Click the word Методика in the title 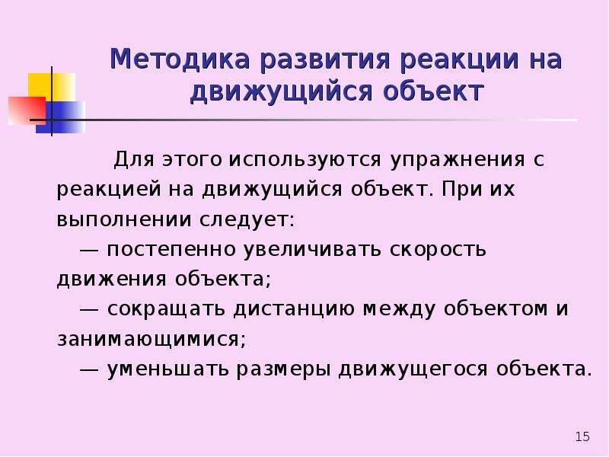pyautogui.click(x=180, y=59)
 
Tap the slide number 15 pyautogui.click(x=582, y=436)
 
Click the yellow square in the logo pyautogui.click(x=51, y=86)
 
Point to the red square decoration pyautogui.click(x=27, y=110)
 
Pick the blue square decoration pyautogui.click(x=61, y=117)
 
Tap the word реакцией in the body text pyautogui.click(x=109, y=190)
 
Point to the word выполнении pyautogui.click(x=124, y=220)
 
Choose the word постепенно pyautogui.click(x=171, y=250)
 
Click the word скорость pyautogui.click(x=438, y=250)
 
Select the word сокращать pyautogui.click(x=166, y=309)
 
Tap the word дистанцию pyautogui.click(x=294, y=310)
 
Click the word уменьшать pyautogui.click(x=167, y=369)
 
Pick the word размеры pyautogui.click(x=283, y=370)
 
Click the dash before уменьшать pyautogui.click(x=89, y=369)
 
